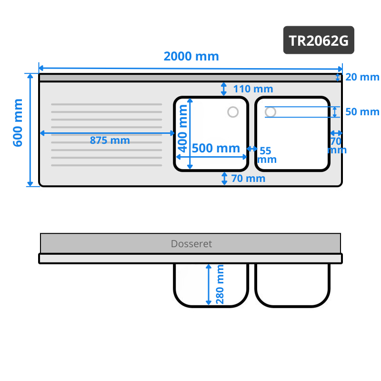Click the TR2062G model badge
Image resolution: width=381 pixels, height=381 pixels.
click(x=319, y=40)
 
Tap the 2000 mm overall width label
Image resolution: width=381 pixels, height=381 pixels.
click(x=191, y=56)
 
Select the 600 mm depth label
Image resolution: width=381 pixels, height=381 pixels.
click(x=18, y=123)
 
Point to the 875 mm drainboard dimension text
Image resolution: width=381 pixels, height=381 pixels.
click(x=110, y=140)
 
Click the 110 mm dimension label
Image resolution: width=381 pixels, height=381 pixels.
click(x=253, y=89)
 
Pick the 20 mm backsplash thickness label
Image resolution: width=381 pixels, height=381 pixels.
click(x=362, y=77)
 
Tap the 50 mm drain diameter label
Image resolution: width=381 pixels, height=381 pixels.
click(x=362, y=112)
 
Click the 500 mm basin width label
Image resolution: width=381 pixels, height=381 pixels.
click(x=216, y=148)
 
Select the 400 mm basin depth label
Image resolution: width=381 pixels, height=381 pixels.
click(x=182, y=128)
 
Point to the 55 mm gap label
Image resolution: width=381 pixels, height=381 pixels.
click(x=267, y=155)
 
